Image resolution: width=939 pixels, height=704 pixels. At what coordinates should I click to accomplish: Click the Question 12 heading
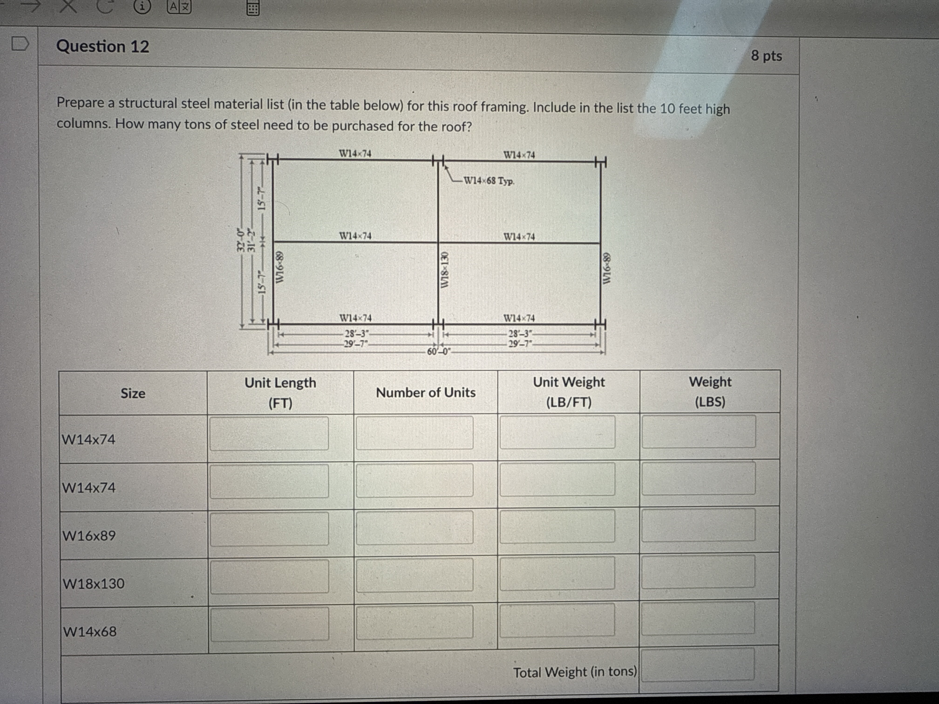(x=103, y=46)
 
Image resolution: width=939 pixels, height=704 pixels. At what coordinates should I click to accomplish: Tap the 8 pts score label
(x=766, y=56)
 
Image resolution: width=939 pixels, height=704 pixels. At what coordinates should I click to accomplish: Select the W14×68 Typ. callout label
(x=489, y=181)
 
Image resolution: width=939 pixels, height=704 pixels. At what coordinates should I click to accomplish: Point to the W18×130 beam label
(x=444, y=270)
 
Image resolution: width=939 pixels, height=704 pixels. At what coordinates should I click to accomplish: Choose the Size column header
(x=133, y=393)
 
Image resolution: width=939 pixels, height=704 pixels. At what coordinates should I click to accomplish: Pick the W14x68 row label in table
(x=90, y=631)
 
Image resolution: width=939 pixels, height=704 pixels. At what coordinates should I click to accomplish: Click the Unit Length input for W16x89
(x=269, y=529)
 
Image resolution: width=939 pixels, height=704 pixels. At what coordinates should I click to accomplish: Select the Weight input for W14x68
(x=698, y=618)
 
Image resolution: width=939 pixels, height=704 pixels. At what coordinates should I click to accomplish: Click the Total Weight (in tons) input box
(x=697, y=664)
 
